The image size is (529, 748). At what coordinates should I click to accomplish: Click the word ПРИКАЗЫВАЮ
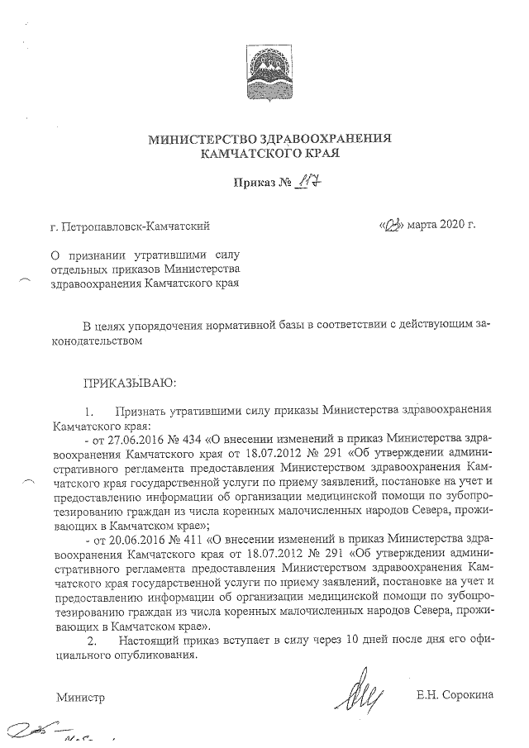pyautogui.click(x=125, y=383)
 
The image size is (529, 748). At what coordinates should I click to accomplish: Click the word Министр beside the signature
pyautogui.click(x=80, y=698)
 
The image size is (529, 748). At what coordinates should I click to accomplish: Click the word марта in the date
pyautogui.click(x=421, y=225)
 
